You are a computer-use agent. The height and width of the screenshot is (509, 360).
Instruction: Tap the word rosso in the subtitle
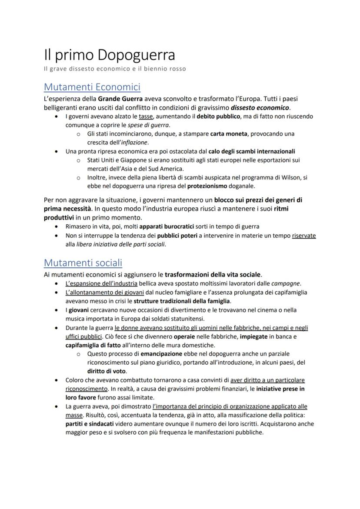point(177,69)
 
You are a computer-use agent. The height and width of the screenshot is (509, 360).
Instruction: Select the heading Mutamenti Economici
point(92,86)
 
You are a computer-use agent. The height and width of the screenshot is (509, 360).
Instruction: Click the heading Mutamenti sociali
point(83,263)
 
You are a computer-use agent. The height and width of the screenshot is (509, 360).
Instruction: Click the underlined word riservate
point(304,236)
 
